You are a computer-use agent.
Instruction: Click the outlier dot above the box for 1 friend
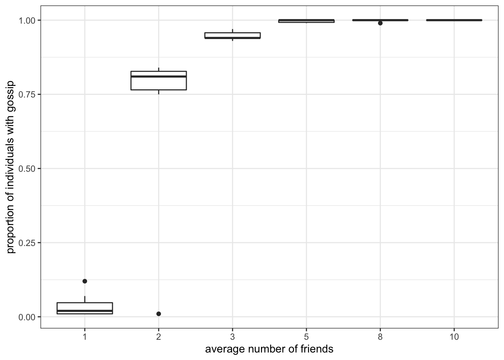pyautogui.click(x=85, y=281)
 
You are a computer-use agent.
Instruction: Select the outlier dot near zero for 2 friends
pyautogui.click(x=159, y=314)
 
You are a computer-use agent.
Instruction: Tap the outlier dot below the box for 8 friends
pyautogui.click(x=380, y=23)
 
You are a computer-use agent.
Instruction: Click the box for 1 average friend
pyautogui.click(x=85, y=308)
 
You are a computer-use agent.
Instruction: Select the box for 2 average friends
pyautogui.click(x=159, y=81)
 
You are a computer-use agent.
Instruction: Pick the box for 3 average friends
pyautogui.click(x=232, y=36)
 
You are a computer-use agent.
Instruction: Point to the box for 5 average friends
pyautogui.click(x=306, y=21)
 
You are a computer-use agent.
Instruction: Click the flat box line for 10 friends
pyautogui.click(x=454, y=20)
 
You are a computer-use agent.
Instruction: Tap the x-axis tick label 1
pyautogui.click(x=85, y=337)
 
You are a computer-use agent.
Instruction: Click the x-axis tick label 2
pyautogui.click(x=159, y=337)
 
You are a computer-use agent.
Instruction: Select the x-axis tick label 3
pyautogui.click(x=232, y=337)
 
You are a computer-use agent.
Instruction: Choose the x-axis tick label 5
pyautogui.click(x=306, y=337)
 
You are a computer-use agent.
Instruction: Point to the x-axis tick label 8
pyautogui.click(x=380, y=337)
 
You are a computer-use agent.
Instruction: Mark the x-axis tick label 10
pyautogui.click(x=454, y=337)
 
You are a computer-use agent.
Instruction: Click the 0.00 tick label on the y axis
pyautogui.click(x=27, y=317)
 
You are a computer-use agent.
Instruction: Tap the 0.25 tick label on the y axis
pyautogui.click(x=27, y=243)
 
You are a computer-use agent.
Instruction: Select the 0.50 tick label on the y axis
pyautogui.click(x=27, y=169)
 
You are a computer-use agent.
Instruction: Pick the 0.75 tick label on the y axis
pyautogui.click(x=27, y=94)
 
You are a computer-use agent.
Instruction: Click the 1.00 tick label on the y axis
pyautogui.click(x=27, y=20)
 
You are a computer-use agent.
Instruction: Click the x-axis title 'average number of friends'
pyautogui.click(x=269, y=349)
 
